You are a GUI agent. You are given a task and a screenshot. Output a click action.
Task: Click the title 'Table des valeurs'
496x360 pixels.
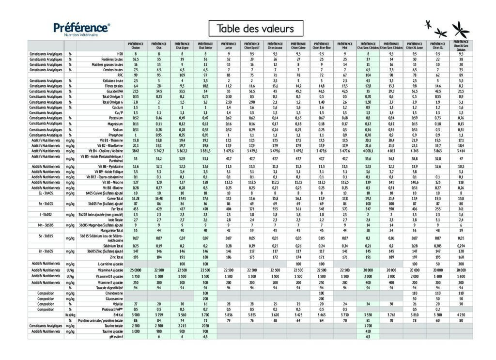pyautogui.click(x=256, y=29)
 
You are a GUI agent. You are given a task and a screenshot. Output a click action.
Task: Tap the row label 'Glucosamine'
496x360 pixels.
pyautogui.click(x=111, y=299)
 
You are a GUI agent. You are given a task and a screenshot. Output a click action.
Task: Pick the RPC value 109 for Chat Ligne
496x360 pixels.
pyautogui.click(x=182, y=75)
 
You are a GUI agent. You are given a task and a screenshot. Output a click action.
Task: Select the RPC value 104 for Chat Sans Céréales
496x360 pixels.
pyautogui.click(x=368, y=75)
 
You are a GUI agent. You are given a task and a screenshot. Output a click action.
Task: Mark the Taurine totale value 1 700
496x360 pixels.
pyautogui.click(x=368, y=326)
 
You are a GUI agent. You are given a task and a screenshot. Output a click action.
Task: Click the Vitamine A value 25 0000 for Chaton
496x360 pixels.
pyautogui.click(x=136, y=270)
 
